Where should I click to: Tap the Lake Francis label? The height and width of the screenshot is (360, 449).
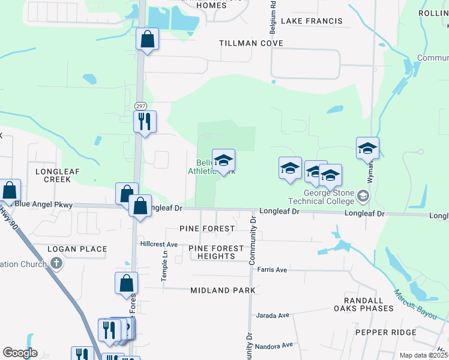pos(312,21)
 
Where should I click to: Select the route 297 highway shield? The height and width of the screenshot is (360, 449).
pos(140,106)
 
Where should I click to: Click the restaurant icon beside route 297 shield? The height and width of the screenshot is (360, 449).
pos(145,122)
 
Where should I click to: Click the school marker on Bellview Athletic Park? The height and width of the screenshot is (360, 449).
pos(223,161)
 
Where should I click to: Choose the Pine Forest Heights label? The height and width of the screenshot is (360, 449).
pos(216,252)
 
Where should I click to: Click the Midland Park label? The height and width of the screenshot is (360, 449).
pos(223,290)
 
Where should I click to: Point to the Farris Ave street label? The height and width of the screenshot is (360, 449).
pos(273,270)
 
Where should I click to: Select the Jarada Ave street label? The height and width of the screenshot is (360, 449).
pos(273,315)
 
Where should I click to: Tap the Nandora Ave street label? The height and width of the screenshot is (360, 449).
pos(274,345)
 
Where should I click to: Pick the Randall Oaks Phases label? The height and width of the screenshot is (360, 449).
pos(369,304)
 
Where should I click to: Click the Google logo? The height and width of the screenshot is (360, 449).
pos(20,353)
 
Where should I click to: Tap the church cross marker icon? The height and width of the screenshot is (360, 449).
pos(56,263)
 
